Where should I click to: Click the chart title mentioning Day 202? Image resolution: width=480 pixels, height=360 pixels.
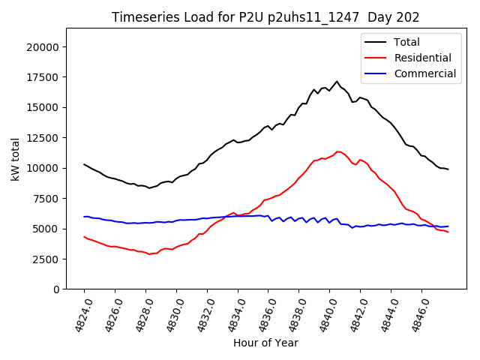265,16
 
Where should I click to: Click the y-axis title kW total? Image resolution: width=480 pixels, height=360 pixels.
16,158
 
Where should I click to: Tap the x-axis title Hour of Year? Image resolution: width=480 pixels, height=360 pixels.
265,343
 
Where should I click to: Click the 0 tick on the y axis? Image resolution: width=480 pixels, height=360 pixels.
56,289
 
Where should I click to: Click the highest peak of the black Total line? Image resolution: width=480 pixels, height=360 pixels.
337,81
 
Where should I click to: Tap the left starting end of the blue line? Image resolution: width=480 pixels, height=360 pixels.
84,217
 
